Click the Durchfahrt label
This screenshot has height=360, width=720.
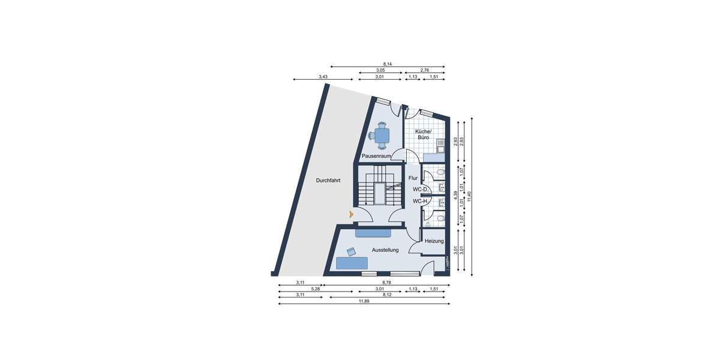(329, 180)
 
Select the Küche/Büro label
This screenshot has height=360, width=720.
(422, 134)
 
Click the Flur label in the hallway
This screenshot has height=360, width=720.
(413, 178)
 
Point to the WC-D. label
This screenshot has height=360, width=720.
(420, 190)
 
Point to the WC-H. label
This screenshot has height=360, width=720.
(420, 201)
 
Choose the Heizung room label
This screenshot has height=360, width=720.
(434, 241)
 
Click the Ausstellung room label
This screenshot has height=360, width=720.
(385, 250)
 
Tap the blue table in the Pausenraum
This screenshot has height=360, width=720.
(382, 135)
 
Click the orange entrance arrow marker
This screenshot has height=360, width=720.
(351, 213)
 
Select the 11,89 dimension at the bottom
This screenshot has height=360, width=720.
(364, 301)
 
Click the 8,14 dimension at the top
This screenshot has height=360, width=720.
(388, 64)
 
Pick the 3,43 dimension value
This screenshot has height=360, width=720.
(323, 77)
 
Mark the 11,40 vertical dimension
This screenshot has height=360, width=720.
(469, 196)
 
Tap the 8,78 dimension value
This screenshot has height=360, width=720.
(386, 282)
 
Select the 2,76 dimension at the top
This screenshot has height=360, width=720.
(424, 70)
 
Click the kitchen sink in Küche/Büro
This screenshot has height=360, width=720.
(440, 145)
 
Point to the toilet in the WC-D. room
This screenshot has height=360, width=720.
(441, 173)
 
